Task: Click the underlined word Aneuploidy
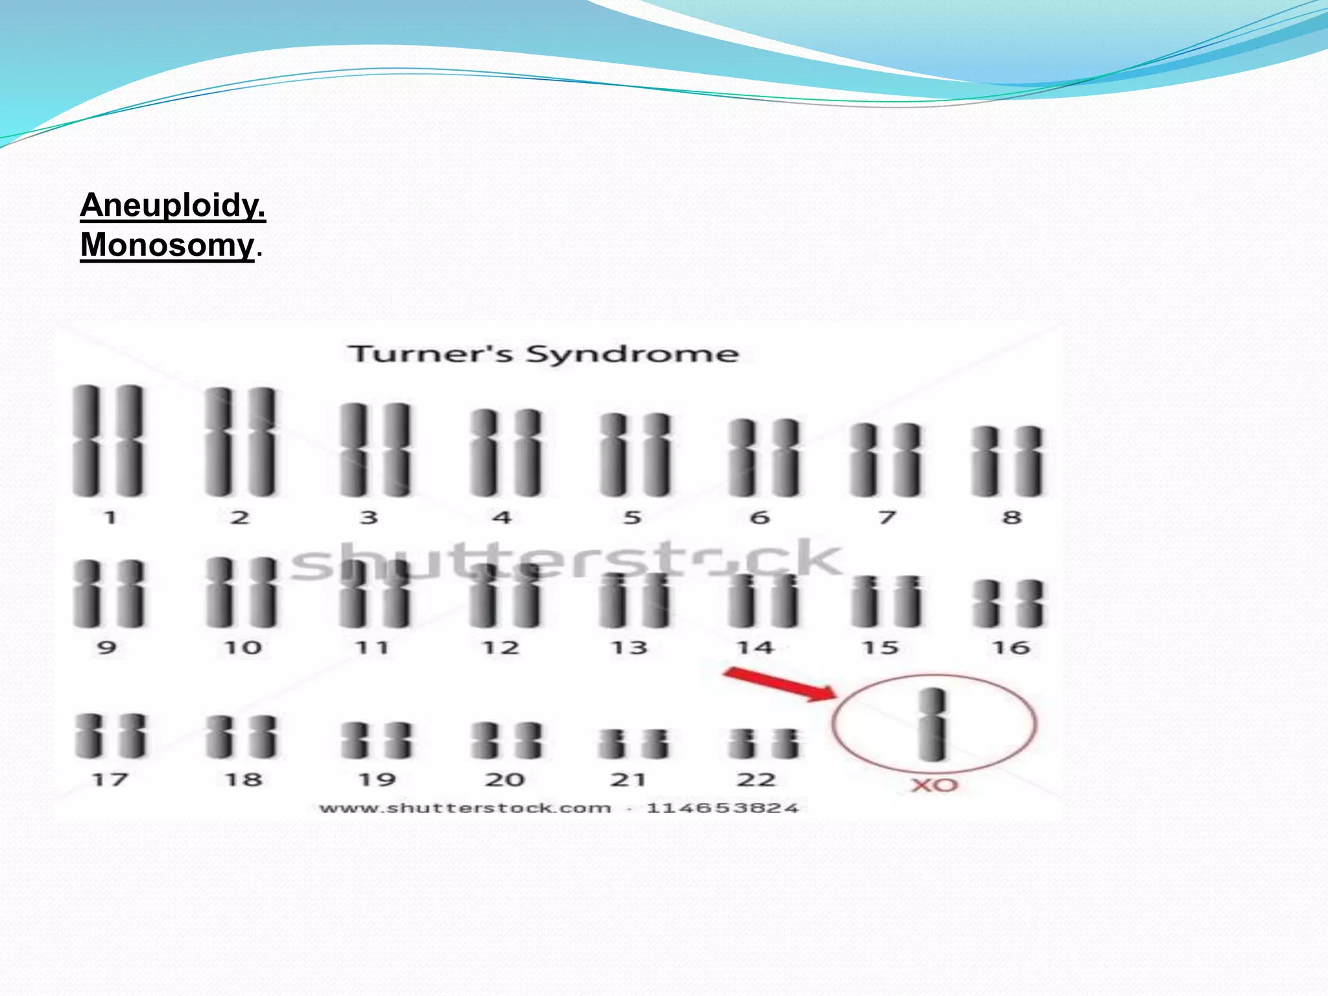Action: pos(172,206)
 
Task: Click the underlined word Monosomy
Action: pos(167,246)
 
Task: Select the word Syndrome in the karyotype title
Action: pos(632,355)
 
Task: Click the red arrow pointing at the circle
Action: pos(778,685)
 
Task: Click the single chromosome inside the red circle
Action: pos(932,724)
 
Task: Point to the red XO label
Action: pos(934,785)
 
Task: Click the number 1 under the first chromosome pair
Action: pos(110,517)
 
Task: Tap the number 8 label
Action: pos(1012,517)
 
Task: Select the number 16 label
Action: pos(1011,647)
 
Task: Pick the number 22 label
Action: pos(756,779)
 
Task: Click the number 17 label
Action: pos(110,779)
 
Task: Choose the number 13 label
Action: pos(630,647)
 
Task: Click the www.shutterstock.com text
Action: pos(465,808)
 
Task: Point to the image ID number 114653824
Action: pos(722,808)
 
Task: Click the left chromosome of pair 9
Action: pos(86,594)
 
